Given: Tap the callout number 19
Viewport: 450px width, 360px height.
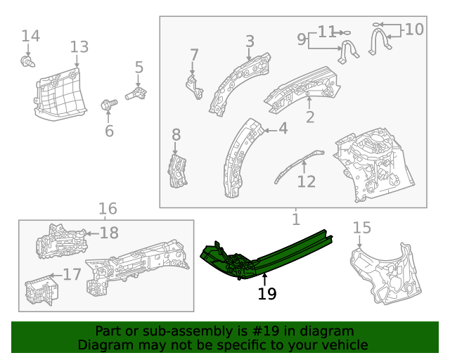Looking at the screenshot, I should click(267, 294).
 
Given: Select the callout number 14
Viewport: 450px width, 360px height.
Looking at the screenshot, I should click(30, 36).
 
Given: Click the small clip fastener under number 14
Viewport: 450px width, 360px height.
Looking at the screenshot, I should click(27, 63).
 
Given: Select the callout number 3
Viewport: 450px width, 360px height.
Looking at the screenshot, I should click(250, 41).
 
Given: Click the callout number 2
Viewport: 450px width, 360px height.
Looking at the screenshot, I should click(310, 117).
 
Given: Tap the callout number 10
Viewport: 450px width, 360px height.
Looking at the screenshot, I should click(414, 30).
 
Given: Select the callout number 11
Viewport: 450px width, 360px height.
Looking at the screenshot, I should click(327, 32).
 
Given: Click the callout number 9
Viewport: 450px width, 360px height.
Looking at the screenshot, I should click(301, 39).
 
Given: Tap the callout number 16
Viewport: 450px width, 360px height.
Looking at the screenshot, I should click(107, 209).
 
